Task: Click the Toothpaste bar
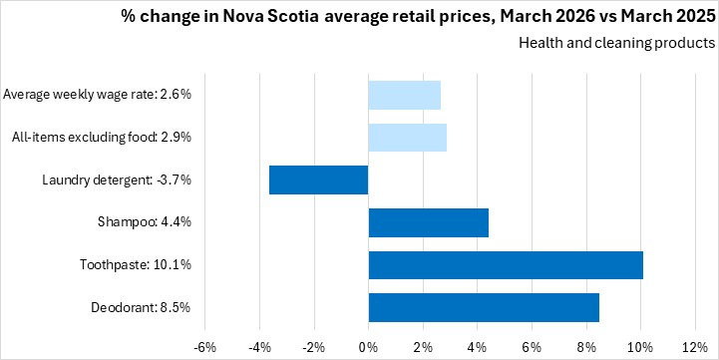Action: pos(506,265)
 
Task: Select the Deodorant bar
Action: pos(484,307)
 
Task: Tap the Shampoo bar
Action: pos(428,222)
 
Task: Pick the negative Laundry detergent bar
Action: pos(319,180)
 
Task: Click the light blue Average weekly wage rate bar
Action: pos(405,96)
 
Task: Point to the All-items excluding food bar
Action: pos(408,138)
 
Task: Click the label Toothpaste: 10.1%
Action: pos(136,265)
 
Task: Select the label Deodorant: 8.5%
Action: pos(141,307)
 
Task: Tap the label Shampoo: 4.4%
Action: pos(145,222)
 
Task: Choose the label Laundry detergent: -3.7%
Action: pos(117,180)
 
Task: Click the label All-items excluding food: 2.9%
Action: pos(102,138)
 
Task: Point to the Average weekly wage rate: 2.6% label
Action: pos(97,96)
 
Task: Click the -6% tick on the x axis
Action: pos(205,347)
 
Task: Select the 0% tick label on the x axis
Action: pos(369,347)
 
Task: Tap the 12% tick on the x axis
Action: pos(696,347)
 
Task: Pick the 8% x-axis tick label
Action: pos(586,347)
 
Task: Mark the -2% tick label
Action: pos(314,347)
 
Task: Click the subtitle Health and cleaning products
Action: pos(616,43)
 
